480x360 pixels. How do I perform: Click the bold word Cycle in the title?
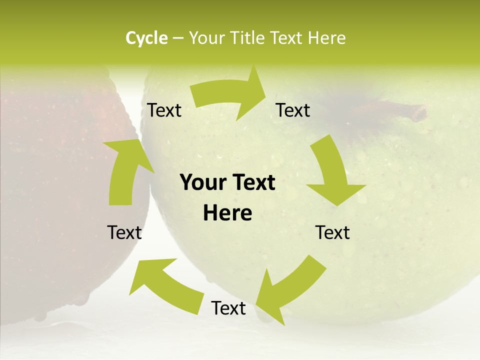146,38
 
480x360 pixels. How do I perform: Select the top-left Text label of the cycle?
164,110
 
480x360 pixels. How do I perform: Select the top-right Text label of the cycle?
293,110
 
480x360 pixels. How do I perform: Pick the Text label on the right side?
332,232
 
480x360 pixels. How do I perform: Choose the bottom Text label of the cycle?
228,308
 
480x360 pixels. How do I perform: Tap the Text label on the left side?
124,232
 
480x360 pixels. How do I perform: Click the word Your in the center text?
202,183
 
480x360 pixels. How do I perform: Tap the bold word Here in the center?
227,213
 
